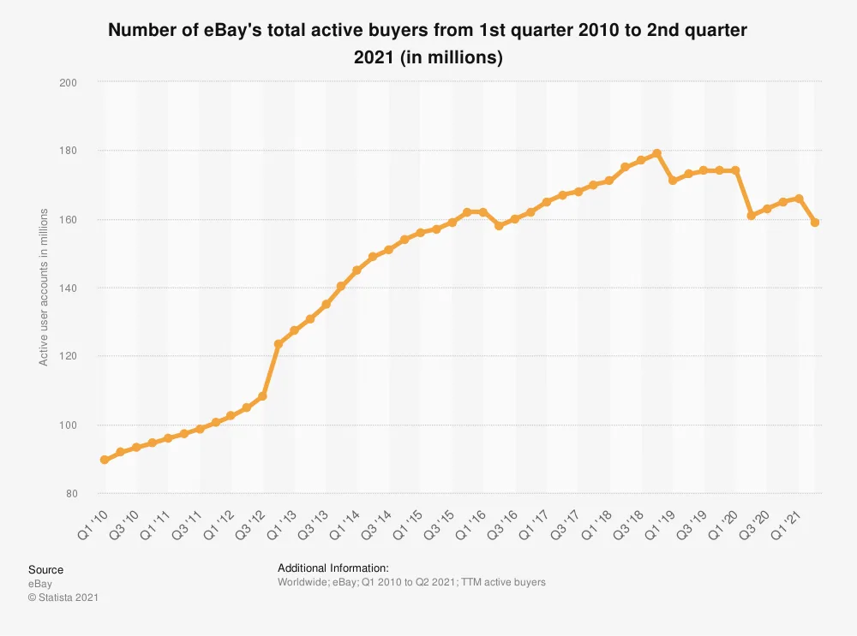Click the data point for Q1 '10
pyautogui.click(x=105, y=460)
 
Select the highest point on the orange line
pyautogui.click(x=656, y=153)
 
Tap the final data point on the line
pyautogui.click(x=815, y=223)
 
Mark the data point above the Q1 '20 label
pyautogui.click(x=735, y=170)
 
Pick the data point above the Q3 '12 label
pyautogui.click(x=262, y=396)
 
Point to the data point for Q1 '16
pyautogui.click(x=483, y=211)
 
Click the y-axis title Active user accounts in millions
pyautogui.click(x=44, y=288)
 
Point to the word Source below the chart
pyautogui.click(x=45, y=569)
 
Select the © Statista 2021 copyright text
pyautogui.click(x=63, y=597)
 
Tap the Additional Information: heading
pyautogui.click(x=333, y=568)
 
